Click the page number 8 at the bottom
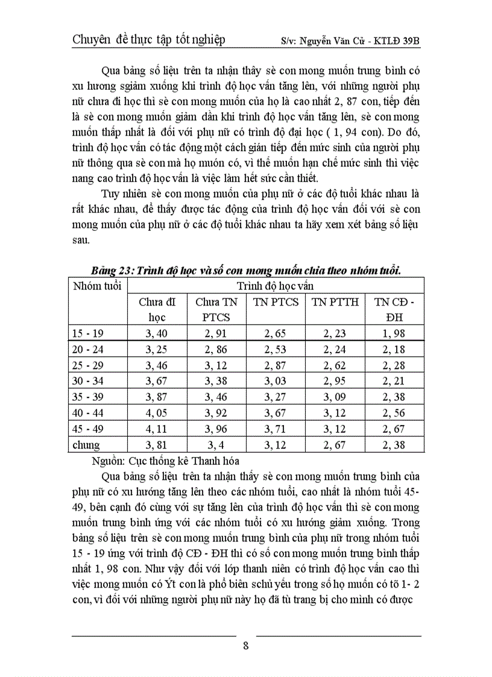pyautogui.click(x=245, y=646)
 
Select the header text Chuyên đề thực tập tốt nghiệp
pyautogui.click(x=148, y=40)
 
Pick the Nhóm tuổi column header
pyautogui.click(x=96, y=285)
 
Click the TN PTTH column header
pyautogui.click(x=335, y=302)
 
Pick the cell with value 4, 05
pyautogui.click(x=157, y=414)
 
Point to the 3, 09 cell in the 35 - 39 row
pyautogui.click(x=335, y=397)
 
